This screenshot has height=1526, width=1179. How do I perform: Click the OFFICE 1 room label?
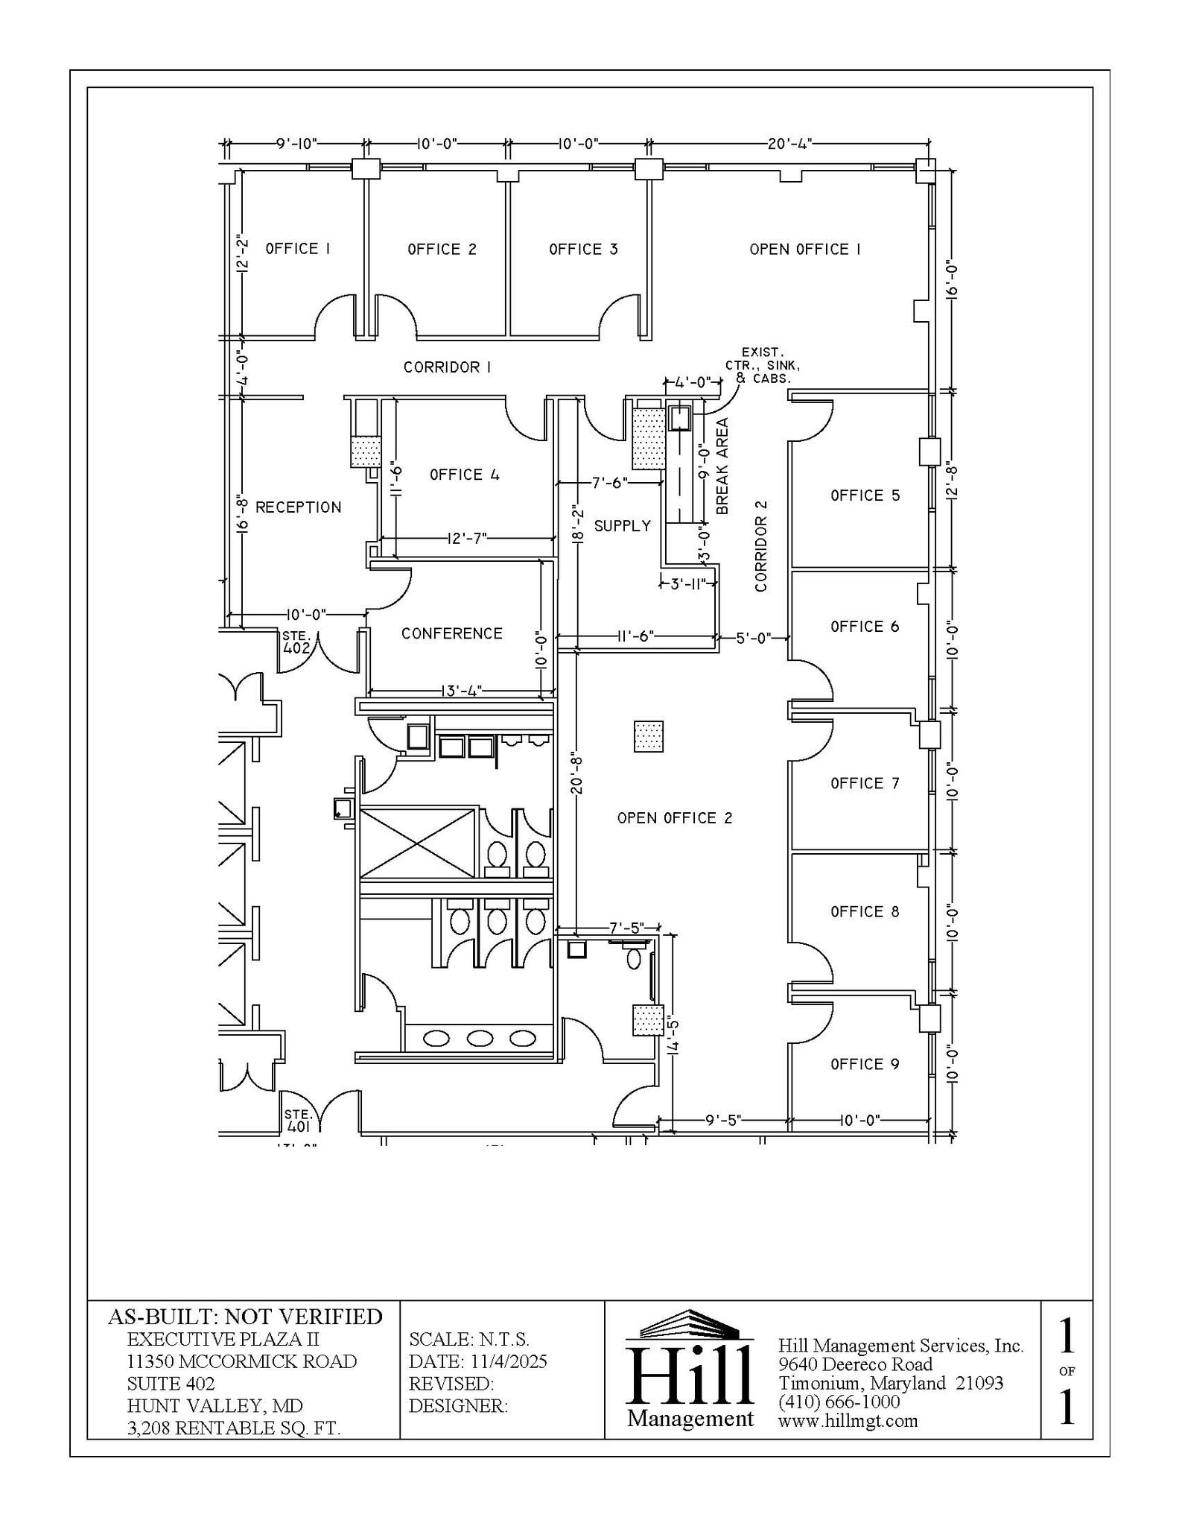tap(297, 249)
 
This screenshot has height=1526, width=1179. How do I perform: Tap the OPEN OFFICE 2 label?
tap(674, 818)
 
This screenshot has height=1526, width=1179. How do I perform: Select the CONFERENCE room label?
tap(451, 633)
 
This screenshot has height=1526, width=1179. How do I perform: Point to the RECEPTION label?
tap(298, 507)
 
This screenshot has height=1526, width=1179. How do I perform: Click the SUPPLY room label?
tap(622, 526)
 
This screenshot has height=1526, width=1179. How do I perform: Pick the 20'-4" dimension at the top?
tap(789, 143)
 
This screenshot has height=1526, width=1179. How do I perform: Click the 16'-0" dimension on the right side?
tap(950, 280)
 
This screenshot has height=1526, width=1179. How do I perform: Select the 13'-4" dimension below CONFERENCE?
tap(461, 691)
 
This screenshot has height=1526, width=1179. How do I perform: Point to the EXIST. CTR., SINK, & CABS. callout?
tap(762, 365)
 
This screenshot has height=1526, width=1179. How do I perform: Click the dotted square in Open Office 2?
tap(648, 736)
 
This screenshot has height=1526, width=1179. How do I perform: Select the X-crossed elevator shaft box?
tap(417, 842)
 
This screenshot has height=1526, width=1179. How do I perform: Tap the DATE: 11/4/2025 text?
tap(477, 1361)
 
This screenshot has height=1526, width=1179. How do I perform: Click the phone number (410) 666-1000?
tap(839, 1402)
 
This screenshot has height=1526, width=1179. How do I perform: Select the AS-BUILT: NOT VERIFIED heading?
tap(245, 1317)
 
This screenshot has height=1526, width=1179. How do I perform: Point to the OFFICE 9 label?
tap(865, 1065)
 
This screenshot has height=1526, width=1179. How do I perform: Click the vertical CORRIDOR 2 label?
tap(760, 545)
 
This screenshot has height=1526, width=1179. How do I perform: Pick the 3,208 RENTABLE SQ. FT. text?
tap(233, 1428)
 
